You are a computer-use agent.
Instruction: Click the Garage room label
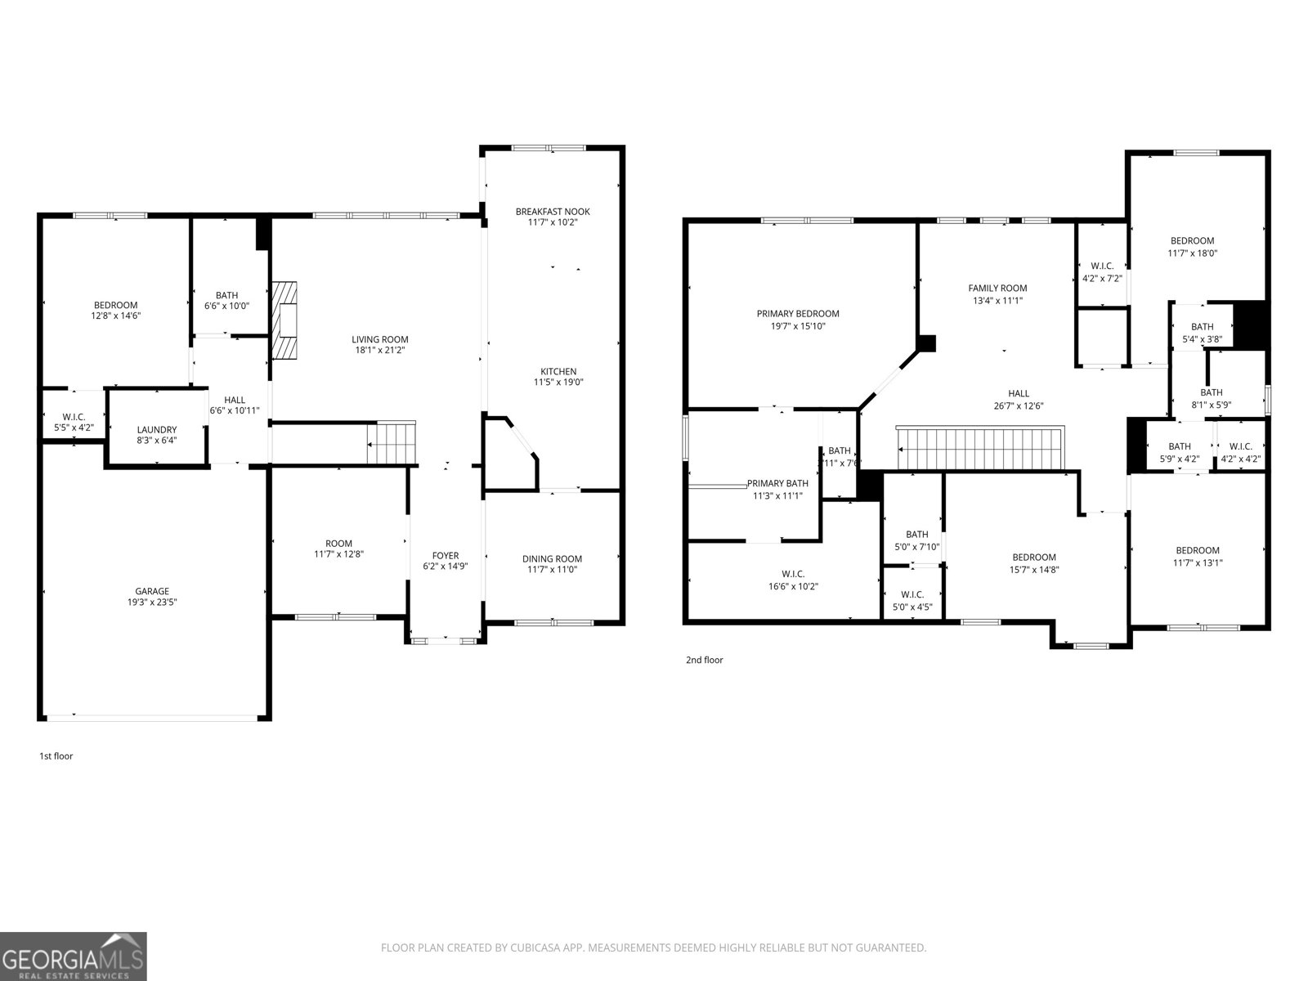tap(152, 591)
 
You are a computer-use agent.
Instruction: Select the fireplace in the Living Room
tap(284, 320)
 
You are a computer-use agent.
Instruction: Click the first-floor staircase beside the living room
tap(392, 444)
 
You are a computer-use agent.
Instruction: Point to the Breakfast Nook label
tap(552, 212)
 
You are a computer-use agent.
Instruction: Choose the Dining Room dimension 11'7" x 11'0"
tap(552, 570)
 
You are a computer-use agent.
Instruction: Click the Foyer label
tap(446, 556)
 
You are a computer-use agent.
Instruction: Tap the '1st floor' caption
tap(56, 756)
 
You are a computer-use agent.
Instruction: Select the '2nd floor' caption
tap(704, 660)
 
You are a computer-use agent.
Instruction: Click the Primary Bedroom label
tap(797, 314)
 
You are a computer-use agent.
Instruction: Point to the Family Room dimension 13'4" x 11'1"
tap(997, 300)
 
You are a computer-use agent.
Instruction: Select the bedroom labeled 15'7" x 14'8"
tap(1034, 563)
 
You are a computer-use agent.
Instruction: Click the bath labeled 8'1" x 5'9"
tap(1211, 398)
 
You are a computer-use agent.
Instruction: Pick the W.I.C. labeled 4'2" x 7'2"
tap(1101, 271)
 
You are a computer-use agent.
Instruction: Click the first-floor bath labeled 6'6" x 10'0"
tap(226, 300)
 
